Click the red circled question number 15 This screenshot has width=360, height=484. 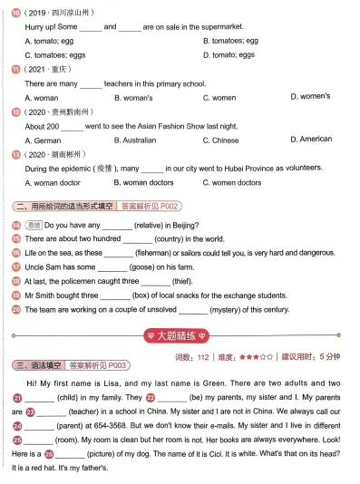(x=16, y=239)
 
